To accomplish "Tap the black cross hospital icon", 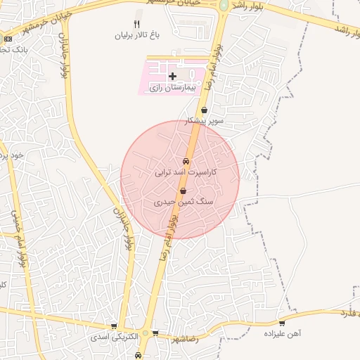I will click(173, 75).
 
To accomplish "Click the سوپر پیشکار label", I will click(204, 121).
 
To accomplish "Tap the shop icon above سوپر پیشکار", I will click(204, 110).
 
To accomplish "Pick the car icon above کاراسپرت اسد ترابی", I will click(186, 161).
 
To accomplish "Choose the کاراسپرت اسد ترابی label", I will click(186, 172).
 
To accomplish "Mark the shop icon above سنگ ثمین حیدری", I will click(183, 191).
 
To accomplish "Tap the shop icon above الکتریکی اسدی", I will click(114, 327).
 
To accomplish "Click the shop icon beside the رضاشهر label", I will click(155, 333).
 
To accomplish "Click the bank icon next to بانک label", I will click(8, 38).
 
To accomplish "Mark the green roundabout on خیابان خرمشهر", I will click(224, 5).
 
